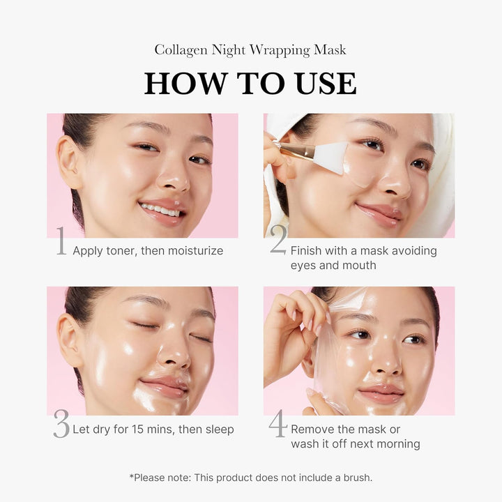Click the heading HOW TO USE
pyautogui.click(x=250, y=82)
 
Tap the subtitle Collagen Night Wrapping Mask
pyautogui.click(x=250, y=50)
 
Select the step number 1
pyautogui.click(x=61, y=242)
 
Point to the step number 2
pyautogui.click(x=277, y=241)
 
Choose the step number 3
pyautogui.click(x=61, y=425)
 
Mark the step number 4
pyautogui.click(x=277, y=424)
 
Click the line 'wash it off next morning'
pyautogui.click(x=356, y=443)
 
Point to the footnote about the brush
pyautogui.click(x=250, y=478)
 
